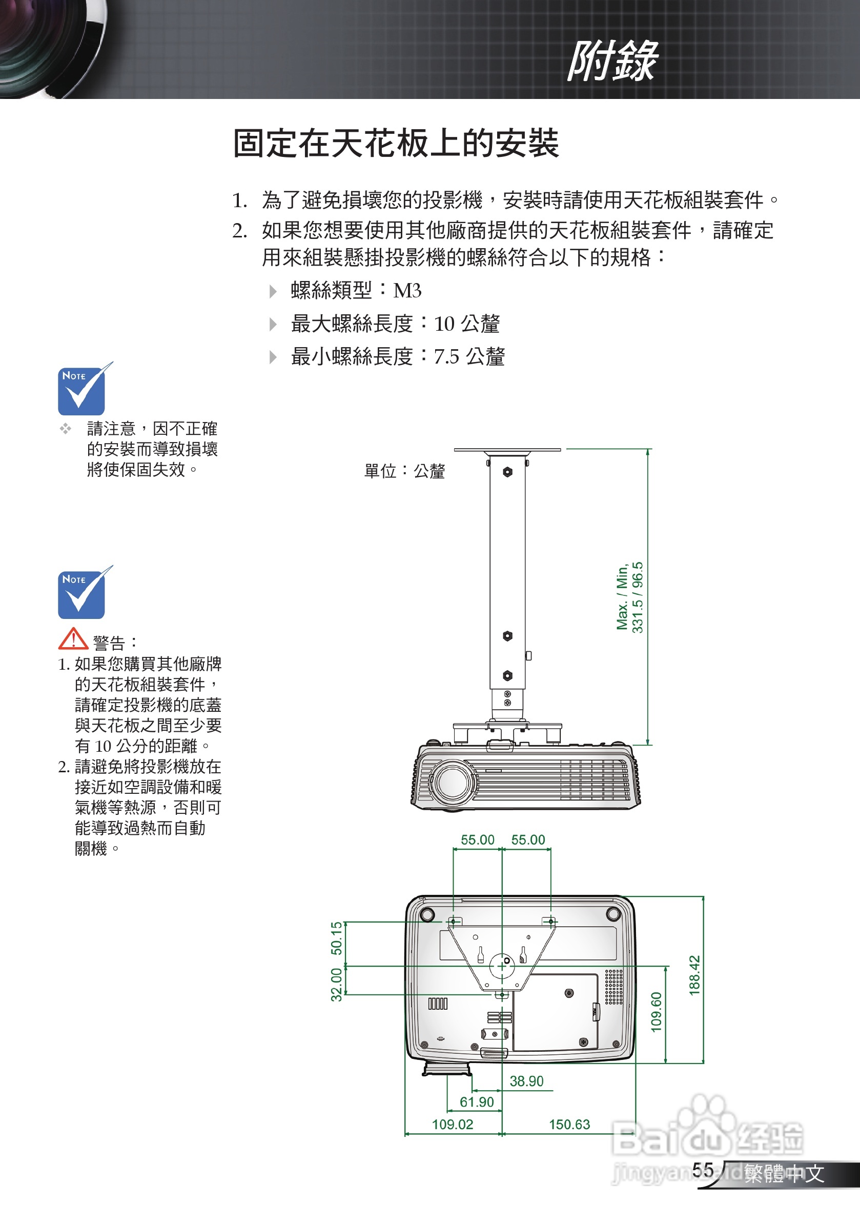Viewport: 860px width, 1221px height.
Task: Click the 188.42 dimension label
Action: [694, 975]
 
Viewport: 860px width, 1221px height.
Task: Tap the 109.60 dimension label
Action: [657, 1012]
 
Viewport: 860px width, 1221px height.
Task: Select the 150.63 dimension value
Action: [569, 1124]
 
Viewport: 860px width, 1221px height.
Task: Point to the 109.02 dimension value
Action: [453, 1124]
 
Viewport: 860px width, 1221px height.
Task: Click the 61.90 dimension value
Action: [477, 1102]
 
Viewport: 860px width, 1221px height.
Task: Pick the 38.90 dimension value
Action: [526, 1081]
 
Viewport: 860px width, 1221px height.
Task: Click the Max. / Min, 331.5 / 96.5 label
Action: [630, 597]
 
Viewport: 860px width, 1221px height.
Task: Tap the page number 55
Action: [703, 1169]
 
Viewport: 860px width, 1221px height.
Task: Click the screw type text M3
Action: [407, 291]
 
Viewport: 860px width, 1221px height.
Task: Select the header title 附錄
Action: [612, 61]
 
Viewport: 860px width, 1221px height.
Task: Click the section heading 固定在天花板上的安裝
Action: [396, 143]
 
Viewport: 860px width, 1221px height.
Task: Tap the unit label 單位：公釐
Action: [404, 471]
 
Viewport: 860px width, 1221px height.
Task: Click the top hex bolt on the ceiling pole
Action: [507, 472]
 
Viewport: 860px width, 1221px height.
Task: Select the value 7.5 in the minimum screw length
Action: [446, 357]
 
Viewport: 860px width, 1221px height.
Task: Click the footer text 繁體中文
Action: [784, 1173]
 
